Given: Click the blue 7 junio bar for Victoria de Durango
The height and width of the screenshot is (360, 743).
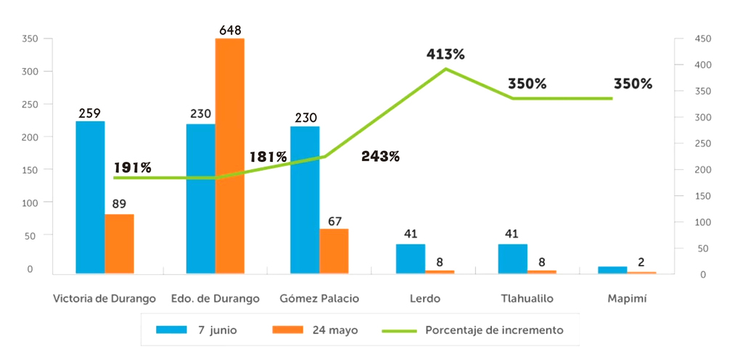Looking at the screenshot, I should tap(90, 197).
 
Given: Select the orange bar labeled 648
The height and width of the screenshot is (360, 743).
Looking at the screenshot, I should tap(229, 155).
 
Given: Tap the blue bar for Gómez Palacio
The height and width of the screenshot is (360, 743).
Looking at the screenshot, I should tap(305, 200).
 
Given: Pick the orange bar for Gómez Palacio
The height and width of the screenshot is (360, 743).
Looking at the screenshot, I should tap(334, 251).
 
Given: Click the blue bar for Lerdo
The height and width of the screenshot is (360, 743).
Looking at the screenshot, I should tap(411, 258).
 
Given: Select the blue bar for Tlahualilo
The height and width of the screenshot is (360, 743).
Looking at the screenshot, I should tap(512, 258).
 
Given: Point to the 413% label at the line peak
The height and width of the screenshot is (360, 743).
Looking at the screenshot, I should tap(446, 54).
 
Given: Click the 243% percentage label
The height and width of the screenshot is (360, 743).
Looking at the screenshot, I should tap(380, 156).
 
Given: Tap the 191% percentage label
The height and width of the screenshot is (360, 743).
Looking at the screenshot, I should tap(133, 168).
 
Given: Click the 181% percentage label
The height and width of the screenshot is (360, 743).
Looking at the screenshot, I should tap(268, 157).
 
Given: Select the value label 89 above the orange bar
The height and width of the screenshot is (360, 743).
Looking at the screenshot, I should tap(120, 204).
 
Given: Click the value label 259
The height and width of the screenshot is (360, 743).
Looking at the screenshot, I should tap(90, 113).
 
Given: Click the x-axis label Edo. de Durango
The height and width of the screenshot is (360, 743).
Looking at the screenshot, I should tap(215, 298).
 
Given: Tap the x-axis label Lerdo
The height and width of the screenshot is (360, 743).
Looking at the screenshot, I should tap(424, 298).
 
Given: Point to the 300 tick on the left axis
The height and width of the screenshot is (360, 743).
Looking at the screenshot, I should tap(28, 71).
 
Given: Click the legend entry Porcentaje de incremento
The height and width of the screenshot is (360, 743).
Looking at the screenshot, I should tap(494, 330).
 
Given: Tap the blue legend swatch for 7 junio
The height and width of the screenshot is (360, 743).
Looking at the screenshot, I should tap(171, 330).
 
